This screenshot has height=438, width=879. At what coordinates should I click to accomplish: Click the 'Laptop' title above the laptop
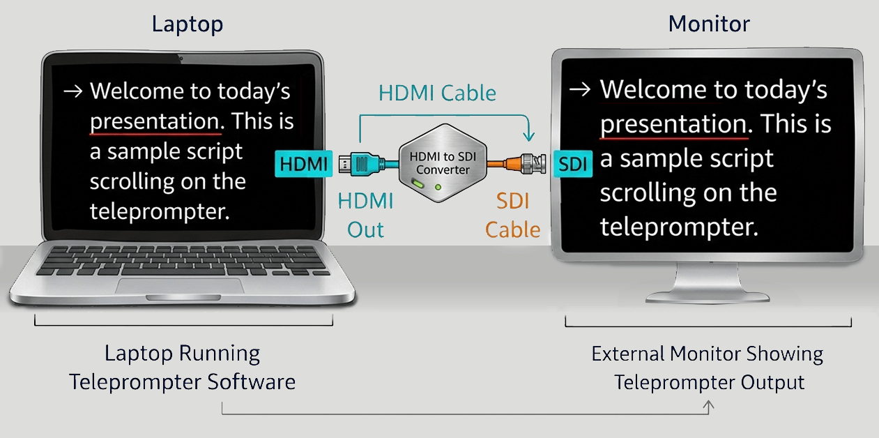click(188, 24)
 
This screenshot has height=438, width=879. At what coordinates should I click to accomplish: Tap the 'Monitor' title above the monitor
click(708, 24)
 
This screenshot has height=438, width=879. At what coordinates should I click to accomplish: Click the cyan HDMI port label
click(303, 165)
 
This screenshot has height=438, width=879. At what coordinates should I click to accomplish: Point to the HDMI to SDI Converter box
click(443, 165)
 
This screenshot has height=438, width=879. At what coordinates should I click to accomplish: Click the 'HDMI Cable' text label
click(437, 93)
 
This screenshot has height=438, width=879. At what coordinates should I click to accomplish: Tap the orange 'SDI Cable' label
click(513, 216)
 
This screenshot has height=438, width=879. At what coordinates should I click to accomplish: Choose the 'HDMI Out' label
click(365, 216)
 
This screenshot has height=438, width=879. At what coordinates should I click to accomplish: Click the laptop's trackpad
click(180, 286)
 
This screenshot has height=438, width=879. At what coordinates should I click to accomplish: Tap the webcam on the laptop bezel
click(181, 57)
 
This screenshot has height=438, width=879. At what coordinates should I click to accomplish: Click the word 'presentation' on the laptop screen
click(155, 121)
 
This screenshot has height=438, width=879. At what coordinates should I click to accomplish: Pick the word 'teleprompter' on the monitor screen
click(678, 227)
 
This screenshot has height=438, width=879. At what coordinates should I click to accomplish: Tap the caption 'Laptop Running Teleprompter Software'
click(182, 368)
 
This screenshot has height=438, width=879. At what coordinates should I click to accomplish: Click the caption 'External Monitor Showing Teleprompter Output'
click(708, 368)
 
